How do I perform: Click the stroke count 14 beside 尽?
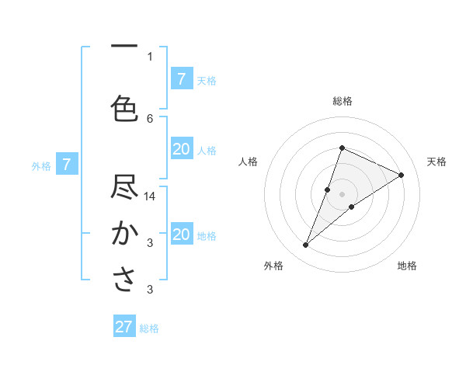151,196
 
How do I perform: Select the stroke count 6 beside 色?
151,118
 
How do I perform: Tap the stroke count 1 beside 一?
150,56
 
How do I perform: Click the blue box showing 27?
124,327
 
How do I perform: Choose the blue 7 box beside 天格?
182,78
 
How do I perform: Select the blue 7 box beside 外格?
68,165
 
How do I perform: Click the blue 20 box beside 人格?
182,149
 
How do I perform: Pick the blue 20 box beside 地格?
182,235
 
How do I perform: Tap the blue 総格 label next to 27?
150,328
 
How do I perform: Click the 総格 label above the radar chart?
342,101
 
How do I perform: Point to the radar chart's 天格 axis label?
437,162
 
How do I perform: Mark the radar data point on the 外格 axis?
306,245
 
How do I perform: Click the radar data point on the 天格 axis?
402,175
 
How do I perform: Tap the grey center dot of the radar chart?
342,194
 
